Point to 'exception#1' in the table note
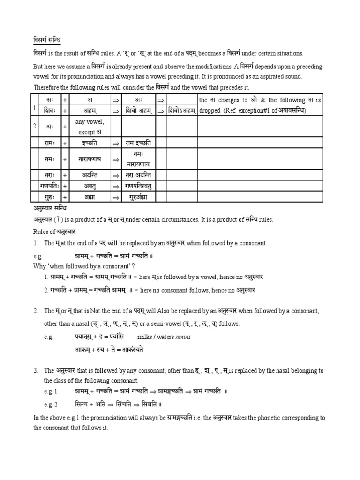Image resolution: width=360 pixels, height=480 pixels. click(x=255, y=111)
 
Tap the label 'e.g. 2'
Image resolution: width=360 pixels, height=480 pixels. click(x=50, y=404)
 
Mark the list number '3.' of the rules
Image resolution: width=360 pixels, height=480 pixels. click(x=36, y=371)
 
